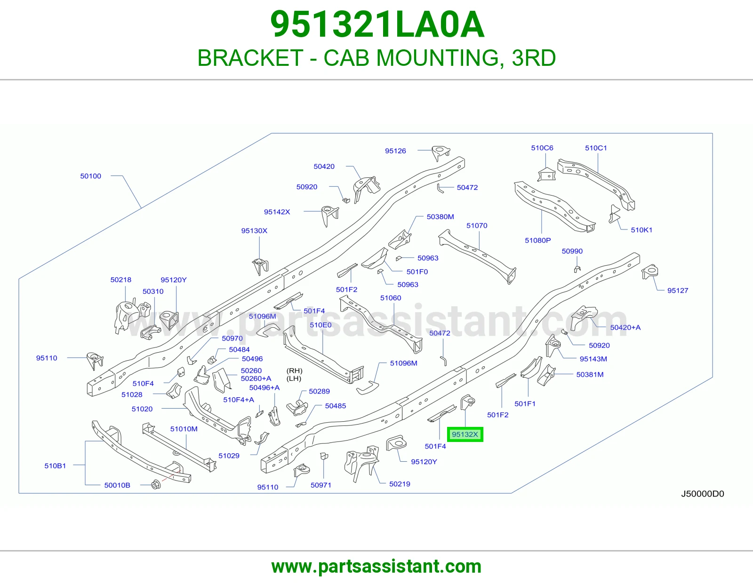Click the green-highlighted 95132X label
(465, 434)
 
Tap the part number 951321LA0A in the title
(377, 24)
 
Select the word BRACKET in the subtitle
(250, 58)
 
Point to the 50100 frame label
(91, 176)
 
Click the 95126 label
(395, 150)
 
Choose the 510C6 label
(542, 148)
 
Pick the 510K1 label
(641, 230)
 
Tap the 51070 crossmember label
(477, 225)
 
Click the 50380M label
(440, 217)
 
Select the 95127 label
(678, 291)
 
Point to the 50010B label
(117, 485)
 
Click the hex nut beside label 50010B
(156, 485)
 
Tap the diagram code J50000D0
(702, 494)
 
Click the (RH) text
(294, 370)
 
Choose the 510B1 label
(55, 465)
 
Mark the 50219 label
(400, 484)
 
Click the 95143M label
(593, 359)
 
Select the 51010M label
(184, 429)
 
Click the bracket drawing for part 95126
(441, 153)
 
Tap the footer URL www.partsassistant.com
(376, 567)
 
